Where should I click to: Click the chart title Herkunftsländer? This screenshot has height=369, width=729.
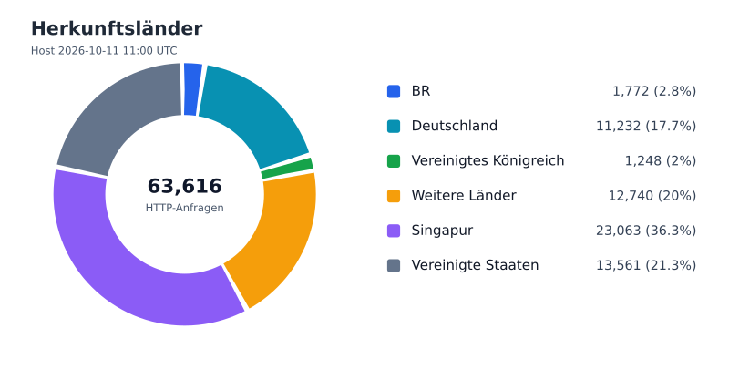coord(117,29)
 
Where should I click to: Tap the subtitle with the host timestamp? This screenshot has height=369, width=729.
coord(104,51)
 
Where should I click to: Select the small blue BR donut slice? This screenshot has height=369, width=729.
coord(192,89)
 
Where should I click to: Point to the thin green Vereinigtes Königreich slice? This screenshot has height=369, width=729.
coord(287,169)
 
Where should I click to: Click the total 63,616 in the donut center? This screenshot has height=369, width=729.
coord(185,186)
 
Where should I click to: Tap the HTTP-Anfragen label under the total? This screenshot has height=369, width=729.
coord(185,208)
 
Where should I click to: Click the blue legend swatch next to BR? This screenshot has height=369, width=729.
coord(394,91)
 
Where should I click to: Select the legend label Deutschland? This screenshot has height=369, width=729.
coord(454,126)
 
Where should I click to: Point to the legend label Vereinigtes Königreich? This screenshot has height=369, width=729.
coord(488,160)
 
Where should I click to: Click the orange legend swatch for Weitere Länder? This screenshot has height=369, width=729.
coord(394,196)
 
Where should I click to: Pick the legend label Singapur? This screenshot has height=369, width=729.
coord(442,231)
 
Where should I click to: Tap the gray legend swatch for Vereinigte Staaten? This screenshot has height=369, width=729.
coord(394,265)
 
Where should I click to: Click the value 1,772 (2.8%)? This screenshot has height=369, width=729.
coord(654,91)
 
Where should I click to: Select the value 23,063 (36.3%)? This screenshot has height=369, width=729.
coord(646,231)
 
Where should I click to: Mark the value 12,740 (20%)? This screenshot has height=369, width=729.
coord(652,196)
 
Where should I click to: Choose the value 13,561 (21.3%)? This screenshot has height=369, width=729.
coord(646,265)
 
